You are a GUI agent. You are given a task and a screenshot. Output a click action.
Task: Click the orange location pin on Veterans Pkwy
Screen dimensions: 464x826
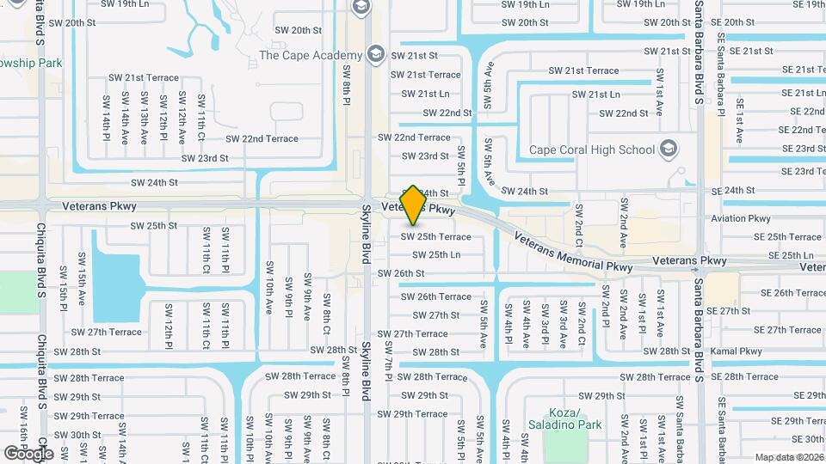414,205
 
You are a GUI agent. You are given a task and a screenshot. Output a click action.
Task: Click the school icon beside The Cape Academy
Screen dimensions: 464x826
374,55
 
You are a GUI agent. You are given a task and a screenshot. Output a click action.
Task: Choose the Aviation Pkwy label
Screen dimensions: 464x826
741,218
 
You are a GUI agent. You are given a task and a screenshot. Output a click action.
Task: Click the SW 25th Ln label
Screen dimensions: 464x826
436,254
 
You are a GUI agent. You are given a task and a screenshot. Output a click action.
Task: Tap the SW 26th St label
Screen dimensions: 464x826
402,273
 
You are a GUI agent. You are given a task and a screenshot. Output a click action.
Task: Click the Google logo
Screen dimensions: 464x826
28,453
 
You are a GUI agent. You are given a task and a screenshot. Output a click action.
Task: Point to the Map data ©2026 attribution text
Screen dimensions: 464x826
789,457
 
